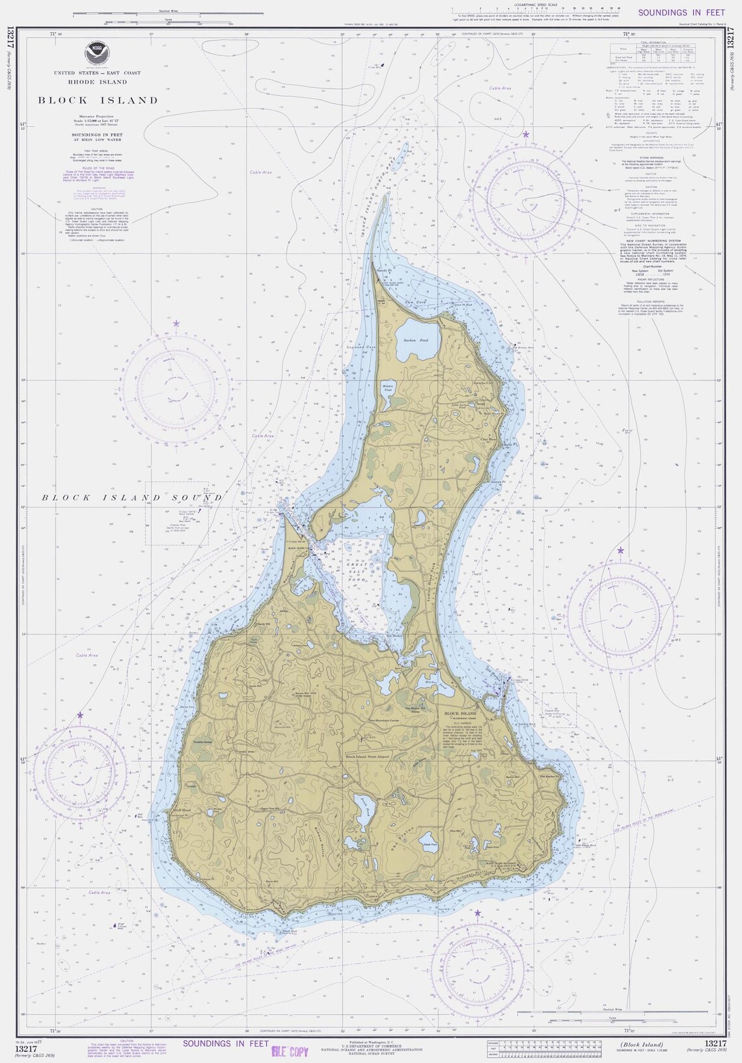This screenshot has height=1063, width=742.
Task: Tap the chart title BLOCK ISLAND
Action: (x=98, y=100)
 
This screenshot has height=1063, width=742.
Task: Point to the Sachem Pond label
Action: (x=415, y=341)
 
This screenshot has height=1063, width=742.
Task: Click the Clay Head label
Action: (x=488, y=440)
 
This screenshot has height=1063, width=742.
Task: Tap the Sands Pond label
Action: (x=430, y=844)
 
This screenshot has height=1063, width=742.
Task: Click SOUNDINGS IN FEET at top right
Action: (x=672, y=12)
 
